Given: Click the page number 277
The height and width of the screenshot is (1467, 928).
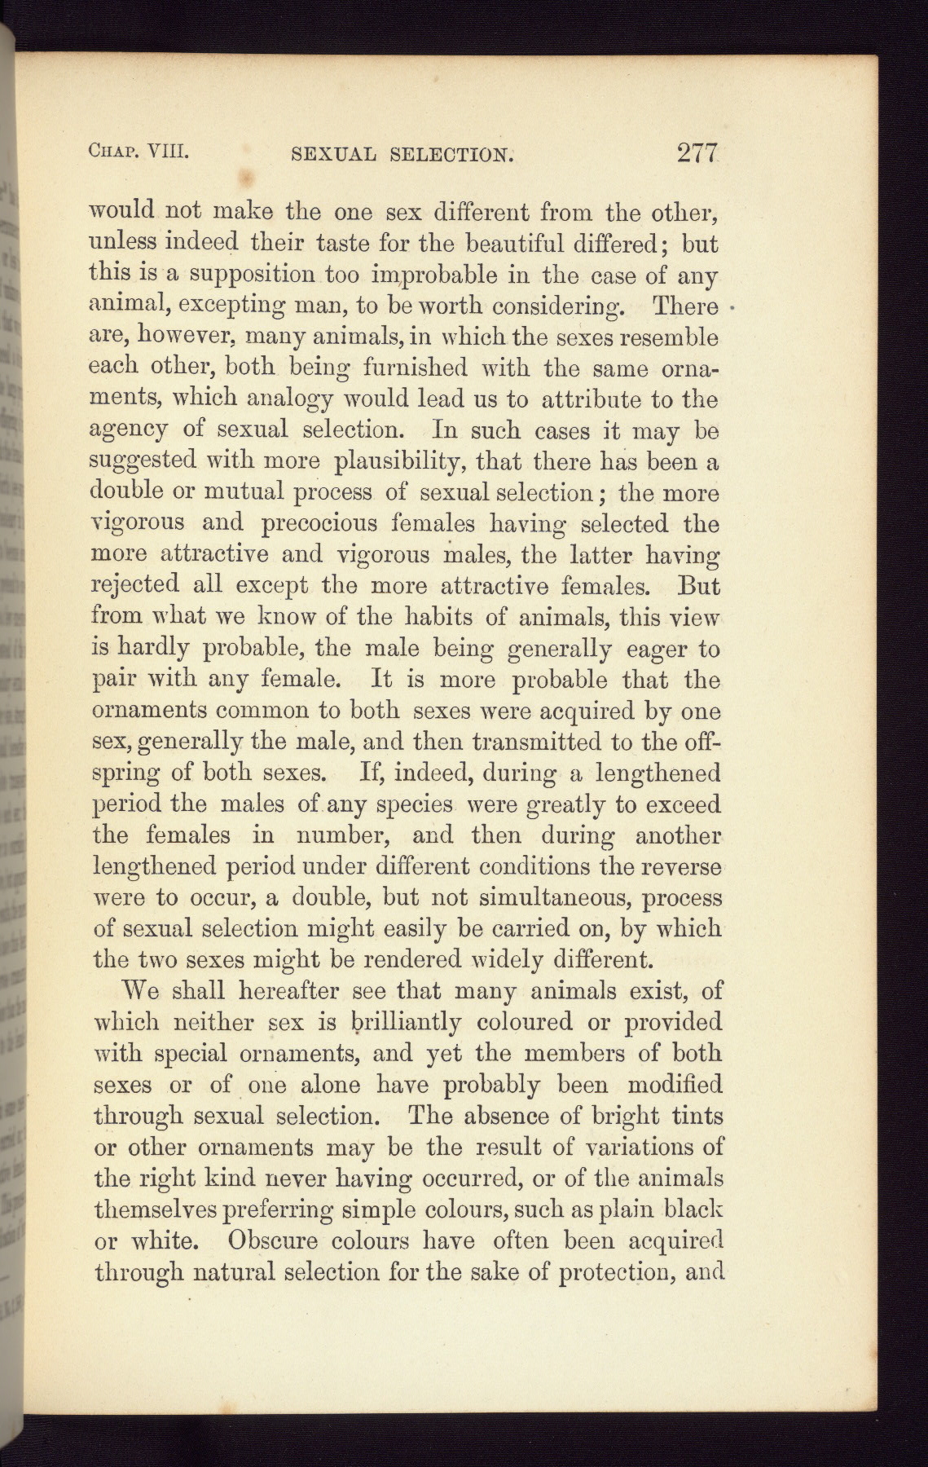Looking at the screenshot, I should (x=695, y=153).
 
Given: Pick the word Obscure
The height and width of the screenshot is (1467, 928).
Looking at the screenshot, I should (x=277, y=1241).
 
